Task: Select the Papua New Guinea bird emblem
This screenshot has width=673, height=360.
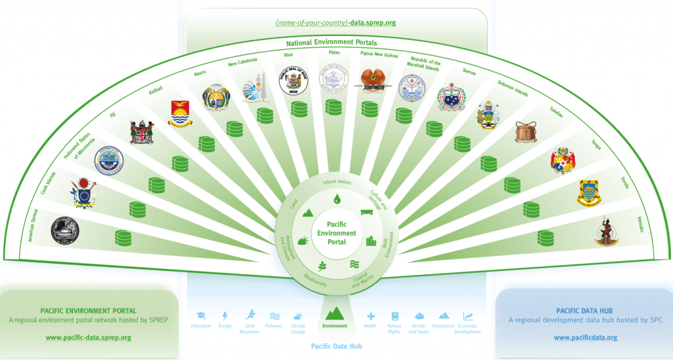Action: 368,81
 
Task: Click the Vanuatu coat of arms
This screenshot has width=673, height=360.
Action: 606,231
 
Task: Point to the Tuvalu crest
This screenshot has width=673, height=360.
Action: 589,192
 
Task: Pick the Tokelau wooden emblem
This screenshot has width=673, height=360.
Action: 526,131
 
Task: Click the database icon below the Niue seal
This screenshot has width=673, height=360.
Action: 299,109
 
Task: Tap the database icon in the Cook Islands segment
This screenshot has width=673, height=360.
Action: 138,210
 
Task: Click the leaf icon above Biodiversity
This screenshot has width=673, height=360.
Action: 322,266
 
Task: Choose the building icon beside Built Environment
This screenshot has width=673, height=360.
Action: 371,241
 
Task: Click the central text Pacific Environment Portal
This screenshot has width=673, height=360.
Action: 336,233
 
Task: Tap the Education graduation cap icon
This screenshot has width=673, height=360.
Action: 200,316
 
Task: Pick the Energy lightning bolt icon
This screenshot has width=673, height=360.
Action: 225,316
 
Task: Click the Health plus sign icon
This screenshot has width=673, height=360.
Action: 371,316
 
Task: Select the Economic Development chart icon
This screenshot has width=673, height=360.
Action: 468,316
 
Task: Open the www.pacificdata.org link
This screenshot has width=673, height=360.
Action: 585,338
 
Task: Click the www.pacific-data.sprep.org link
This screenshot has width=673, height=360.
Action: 88,338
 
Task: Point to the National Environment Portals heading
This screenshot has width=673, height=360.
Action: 336,43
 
